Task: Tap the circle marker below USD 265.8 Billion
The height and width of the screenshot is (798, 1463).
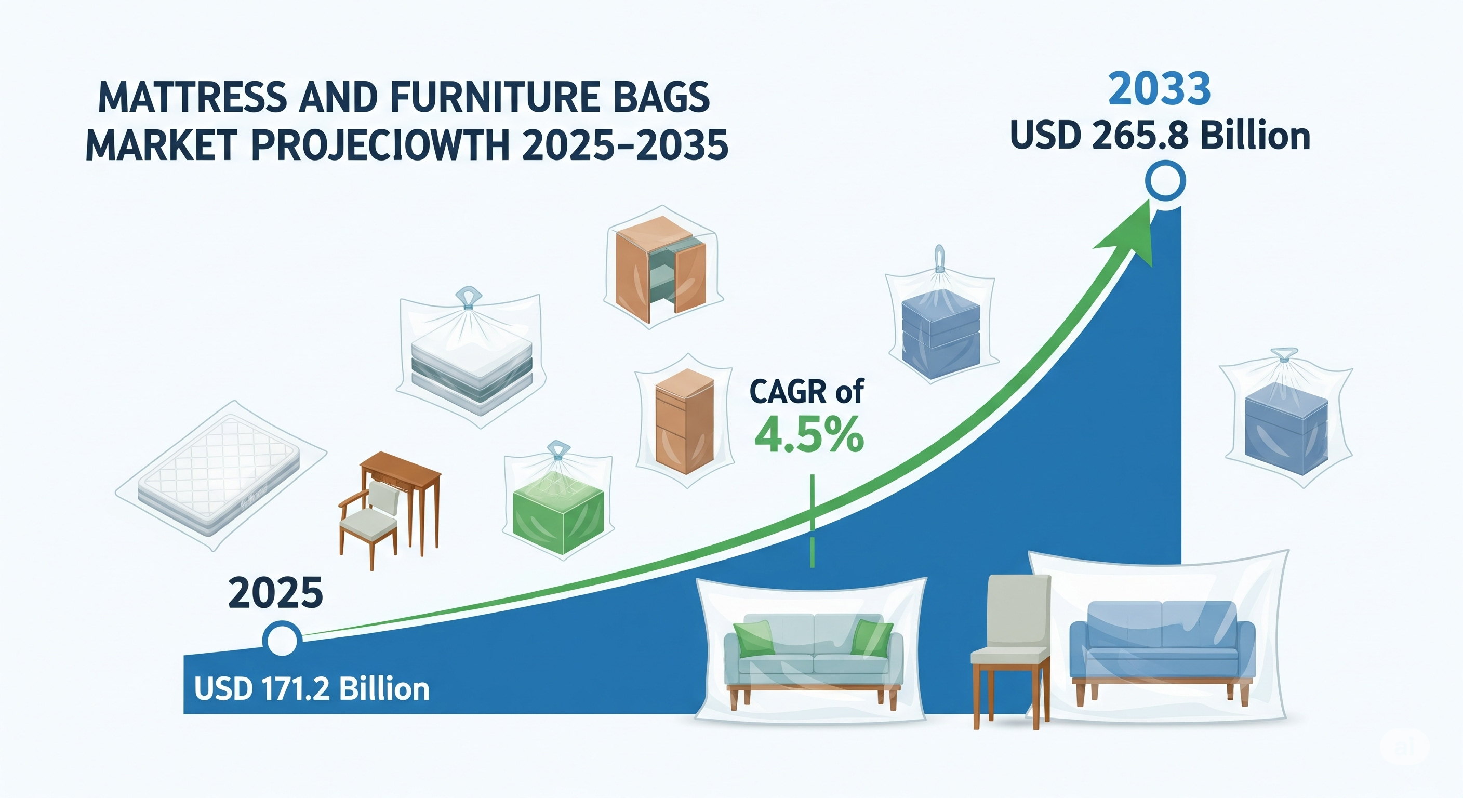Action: pos(1165,181)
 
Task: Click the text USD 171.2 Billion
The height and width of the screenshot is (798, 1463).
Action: pos(312,689)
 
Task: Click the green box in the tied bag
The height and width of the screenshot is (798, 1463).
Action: pos(557,520)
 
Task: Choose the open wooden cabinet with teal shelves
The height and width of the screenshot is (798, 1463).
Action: pos(660,265)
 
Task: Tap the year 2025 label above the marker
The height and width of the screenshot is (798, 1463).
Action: pos(275,592)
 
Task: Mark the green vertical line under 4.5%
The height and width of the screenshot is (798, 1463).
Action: pos(813,520)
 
